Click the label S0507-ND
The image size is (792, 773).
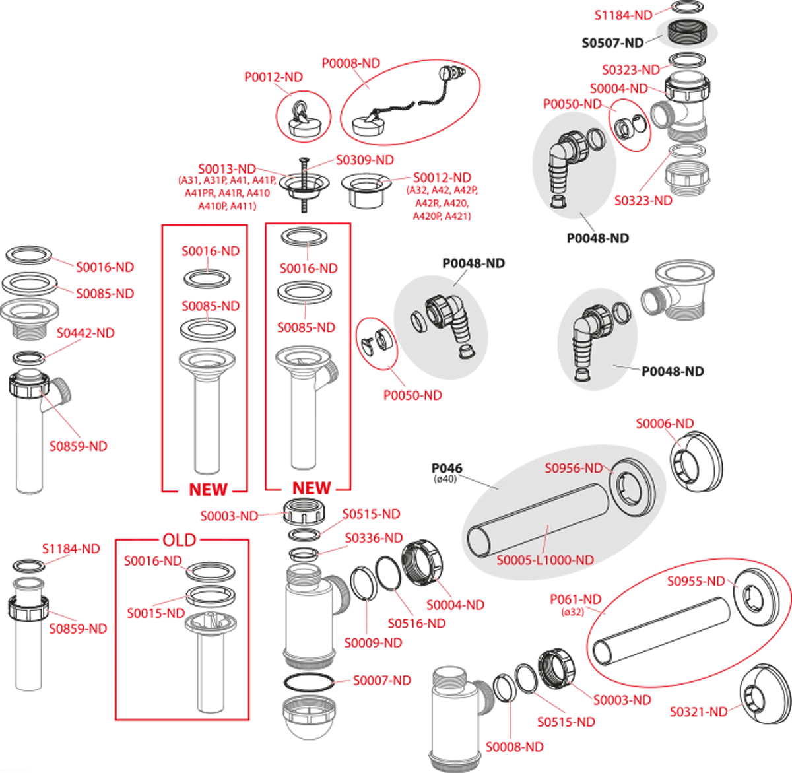coord(612,43)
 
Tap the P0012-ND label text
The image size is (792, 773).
coord(273,77)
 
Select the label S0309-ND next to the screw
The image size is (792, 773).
coord(365,160)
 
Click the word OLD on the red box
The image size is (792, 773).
coord(180,540)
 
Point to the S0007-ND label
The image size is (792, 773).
coord(381,680)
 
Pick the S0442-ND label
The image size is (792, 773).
coord(85,333)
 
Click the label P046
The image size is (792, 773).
coord(447,468)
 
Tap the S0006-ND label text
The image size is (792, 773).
coord(665,424)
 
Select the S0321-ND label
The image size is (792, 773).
coord(699,712)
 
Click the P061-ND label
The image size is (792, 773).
coord(576,599)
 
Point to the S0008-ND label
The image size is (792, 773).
coord(515,747)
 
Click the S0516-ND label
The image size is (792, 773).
coord(416,623)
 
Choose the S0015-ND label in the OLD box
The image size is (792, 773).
coord(156,613)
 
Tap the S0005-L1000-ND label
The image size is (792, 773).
coord(545,560)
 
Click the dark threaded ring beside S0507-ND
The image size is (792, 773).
coord(686,32)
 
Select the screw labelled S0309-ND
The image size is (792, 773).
coord(303,185)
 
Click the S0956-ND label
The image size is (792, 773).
coord(574,468)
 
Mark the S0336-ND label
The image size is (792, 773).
coord(374,538)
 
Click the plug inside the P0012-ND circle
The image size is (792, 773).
coord(304,121)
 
